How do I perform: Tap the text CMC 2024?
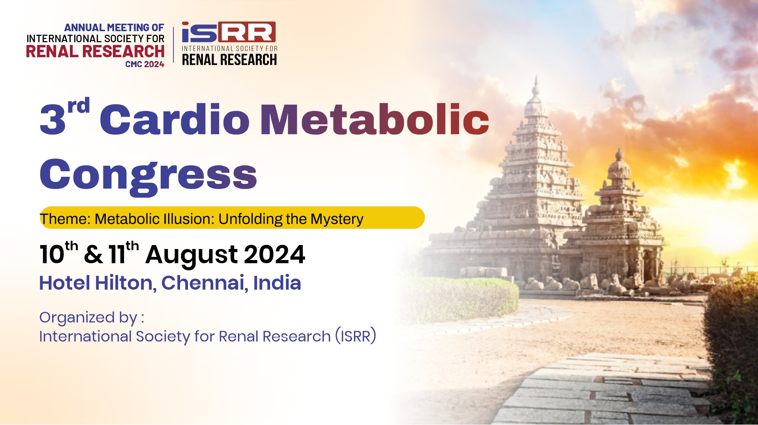(144, 64)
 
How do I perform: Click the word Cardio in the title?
(174, 118)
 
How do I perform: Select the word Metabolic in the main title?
(375, 118)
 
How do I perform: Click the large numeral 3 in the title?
(53, 119)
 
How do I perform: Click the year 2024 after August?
(275, 255)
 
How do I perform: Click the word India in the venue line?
(277, 283)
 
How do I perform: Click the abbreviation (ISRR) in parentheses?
(356, 336)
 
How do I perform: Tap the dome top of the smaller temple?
(619, 152)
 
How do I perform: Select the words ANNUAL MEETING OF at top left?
(114, 28)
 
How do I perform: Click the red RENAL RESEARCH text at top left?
(95, 52)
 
